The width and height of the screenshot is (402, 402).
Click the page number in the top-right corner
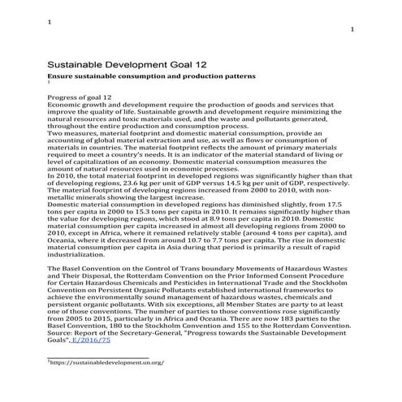(351, 29)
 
